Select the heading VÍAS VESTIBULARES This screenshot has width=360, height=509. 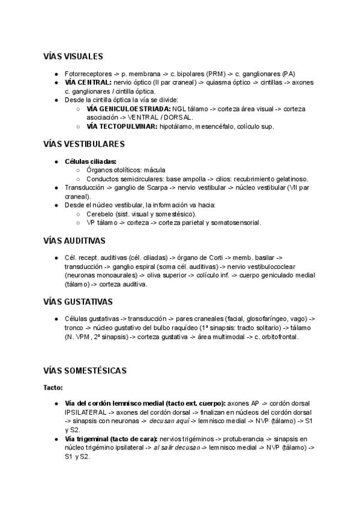[x=83, y=144]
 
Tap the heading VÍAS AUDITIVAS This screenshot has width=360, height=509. [x=74, y=240]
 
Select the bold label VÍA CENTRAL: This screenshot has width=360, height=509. [x=88, y=82]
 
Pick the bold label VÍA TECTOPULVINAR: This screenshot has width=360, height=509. [x=122, y=127]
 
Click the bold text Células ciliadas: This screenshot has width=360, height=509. [x=91, y=161]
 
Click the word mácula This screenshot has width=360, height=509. [x=154, y=170]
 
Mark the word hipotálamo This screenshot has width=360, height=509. [x=178, y=127]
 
